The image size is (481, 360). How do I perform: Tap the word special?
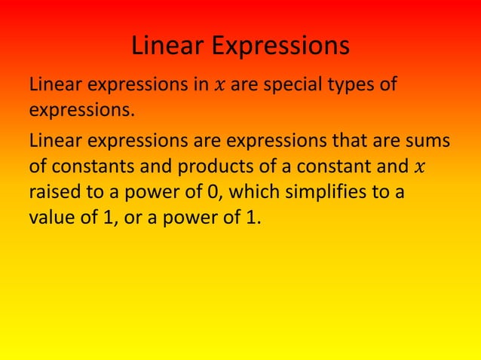click(290, 84)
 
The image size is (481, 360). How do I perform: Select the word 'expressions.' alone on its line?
click(81, 111)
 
